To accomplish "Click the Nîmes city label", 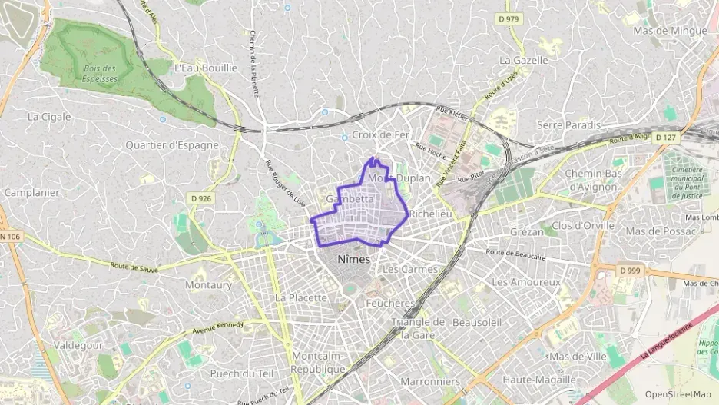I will [x=353, y=259].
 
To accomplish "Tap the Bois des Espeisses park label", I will [x=99, y=73].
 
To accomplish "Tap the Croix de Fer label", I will [x=380, y=135].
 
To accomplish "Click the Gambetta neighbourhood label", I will [x=350, y=198].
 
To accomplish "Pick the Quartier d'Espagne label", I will [x=172, y=144].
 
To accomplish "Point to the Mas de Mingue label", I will [x=669, y=31].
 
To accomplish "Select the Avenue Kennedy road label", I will [x=218, y=327].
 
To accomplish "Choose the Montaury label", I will [x=208, y=284].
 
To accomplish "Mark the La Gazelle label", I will [x=524, y=60].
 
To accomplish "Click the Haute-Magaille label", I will [x=538, y=380].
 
